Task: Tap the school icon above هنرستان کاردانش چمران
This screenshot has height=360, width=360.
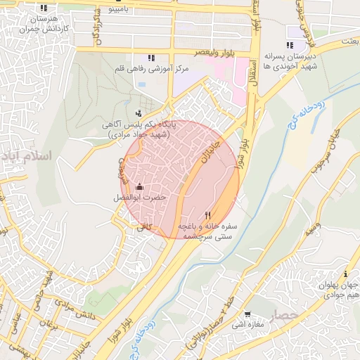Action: click(x=44, y=8)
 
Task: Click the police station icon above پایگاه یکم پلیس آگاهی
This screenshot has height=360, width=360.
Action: click(x=139, y=112)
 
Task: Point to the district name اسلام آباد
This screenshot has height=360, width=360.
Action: click(x=27, y=155)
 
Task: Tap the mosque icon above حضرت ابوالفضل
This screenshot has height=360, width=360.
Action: click(x=139, y=186)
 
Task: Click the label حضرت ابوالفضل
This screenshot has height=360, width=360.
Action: click(x=140, y=198)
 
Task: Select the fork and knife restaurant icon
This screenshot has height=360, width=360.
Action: click(x=207, y=215)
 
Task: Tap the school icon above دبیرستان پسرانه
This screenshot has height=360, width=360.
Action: click(x=290, y=46)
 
